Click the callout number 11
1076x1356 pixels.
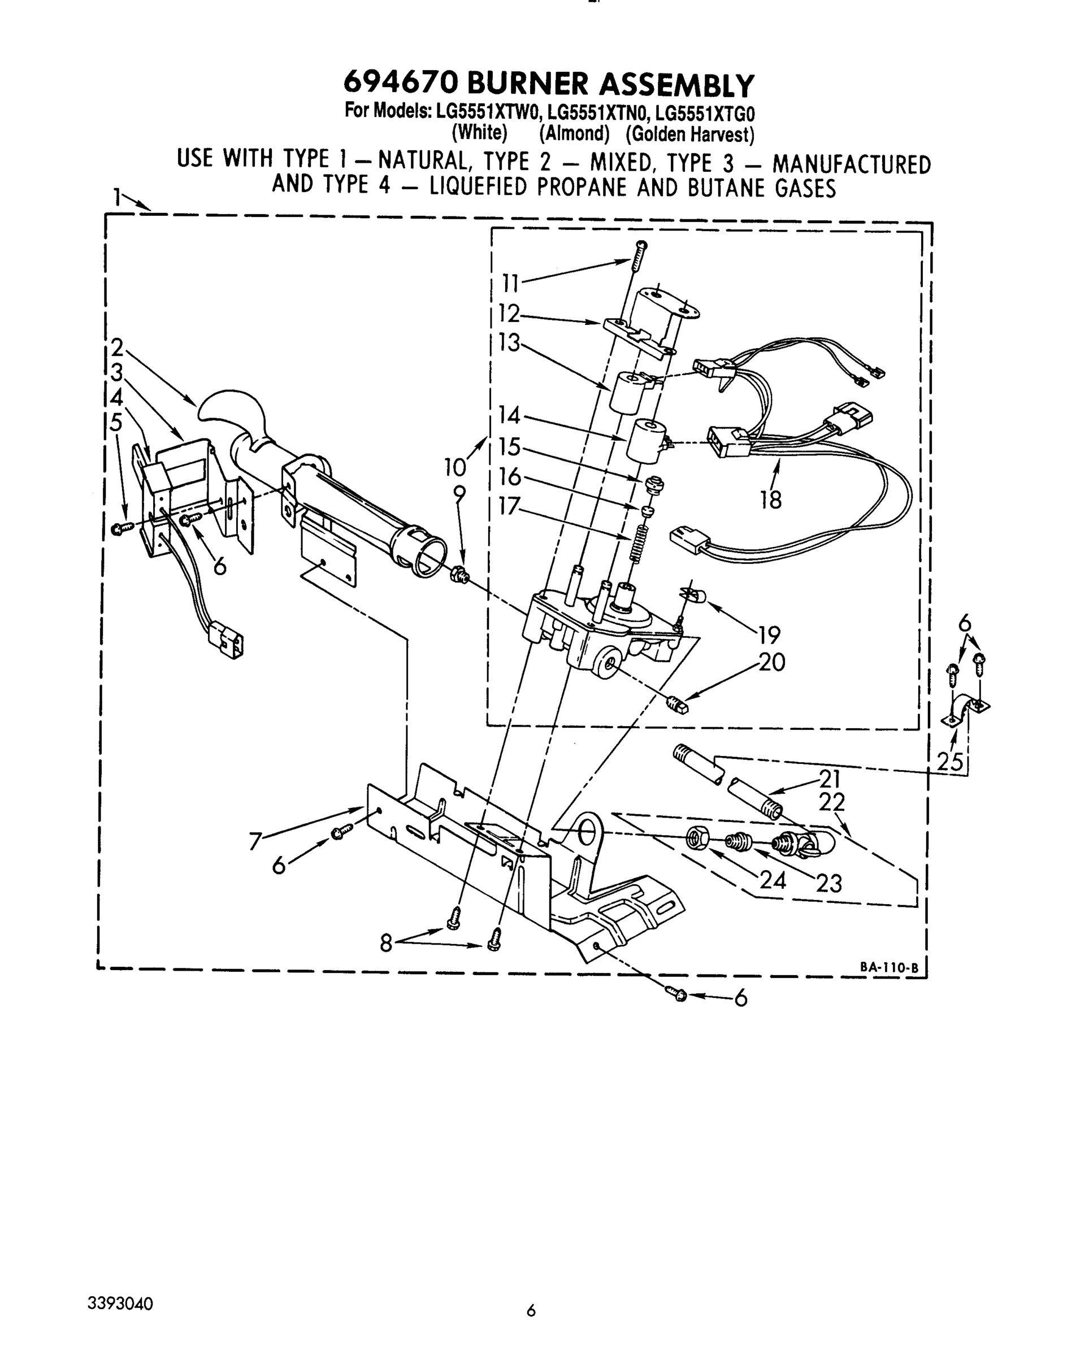pos(510,284)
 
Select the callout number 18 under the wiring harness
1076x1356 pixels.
pos(770,500)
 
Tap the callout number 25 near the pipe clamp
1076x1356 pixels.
pos(950,762)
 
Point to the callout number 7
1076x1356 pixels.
pos(255,841)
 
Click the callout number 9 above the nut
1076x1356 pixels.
pos(459,495)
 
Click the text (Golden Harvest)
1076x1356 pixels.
pos(689,134)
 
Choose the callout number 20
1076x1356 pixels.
pos(771,662)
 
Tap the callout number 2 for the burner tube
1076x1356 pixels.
pos(117,347)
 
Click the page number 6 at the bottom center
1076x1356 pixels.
pos(531,1311)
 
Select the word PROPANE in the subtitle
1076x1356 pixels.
pos(581,188)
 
